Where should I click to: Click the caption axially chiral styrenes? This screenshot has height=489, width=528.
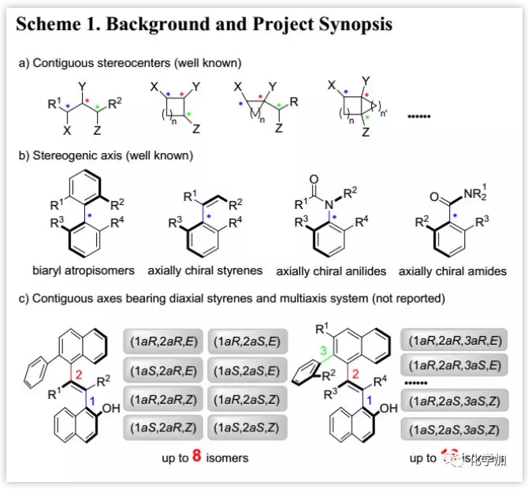tap(205, 271)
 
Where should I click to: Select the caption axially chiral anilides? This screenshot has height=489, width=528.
tap(331, 271)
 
